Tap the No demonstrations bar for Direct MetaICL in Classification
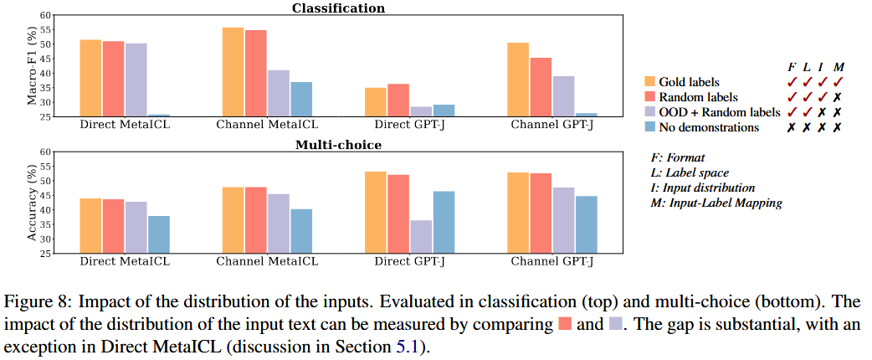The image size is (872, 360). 159,116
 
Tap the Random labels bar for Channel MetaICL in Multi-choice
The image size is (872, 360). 255,220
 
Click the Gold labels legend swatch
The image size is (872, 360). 649,82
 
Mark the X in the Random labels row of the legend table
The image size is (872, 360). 837,97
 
